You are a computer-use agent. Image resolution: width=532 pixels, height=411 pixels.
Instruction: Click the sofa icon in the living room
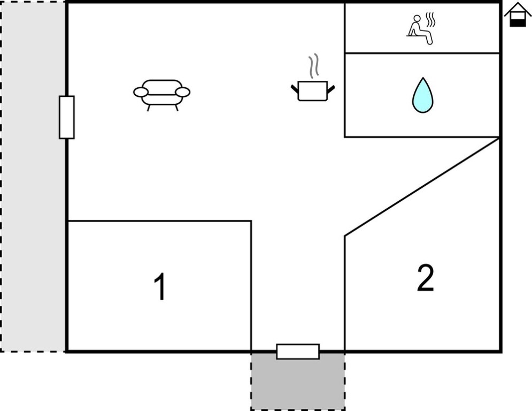coord(161,94)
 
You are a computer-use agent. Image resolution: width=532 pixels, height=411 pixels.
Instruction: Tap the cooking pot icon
coord(313,90)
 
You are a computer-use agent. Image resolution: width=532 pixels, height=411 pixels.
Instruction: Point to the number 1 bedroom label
coord(159,287)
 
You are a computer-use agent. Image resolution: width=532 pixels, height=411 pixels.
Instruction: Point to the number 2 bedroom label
coord(425,278)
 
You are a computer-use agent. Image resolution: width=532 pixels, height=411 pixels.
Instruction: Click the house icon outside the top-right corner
coord(518,14)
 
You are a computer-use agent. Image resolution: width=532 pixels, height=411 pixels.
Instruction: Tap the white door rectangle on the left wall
coord(67,117)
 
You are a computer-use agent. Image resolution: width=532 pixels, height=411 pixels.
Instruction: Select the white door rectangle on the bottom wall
coord(298,352)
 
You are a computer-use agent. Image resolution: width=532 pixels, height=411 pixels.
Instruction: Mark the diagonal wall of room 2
coord(422,186)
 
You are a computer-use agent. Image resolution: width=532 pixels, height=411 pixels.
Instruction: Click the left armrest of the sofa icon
coord(141,93)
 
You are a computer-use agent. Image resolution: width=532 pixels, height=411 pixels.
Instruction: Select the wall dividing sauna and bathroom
coord(422,53)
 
